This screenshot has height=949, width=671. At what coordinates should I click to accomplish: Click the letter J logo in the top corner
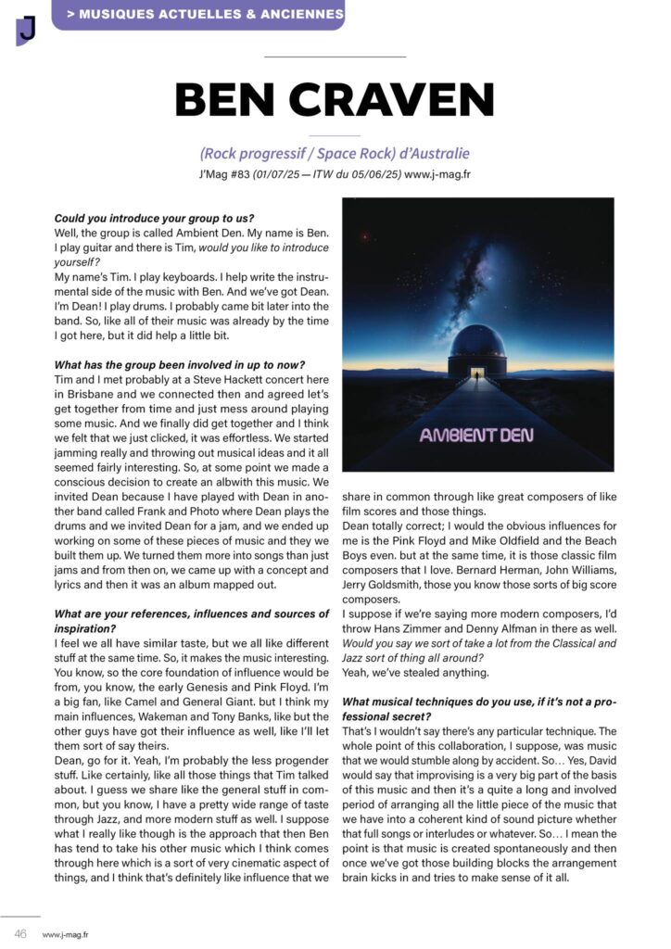(x=26, y=30)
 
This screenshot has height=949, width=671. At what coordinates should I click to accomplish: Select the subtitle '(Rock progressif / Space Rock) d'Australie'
(x=335, y=153)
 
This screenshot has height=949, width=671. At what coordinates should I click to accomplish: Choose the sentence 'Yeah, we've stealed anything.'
(x=413, y=671)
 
